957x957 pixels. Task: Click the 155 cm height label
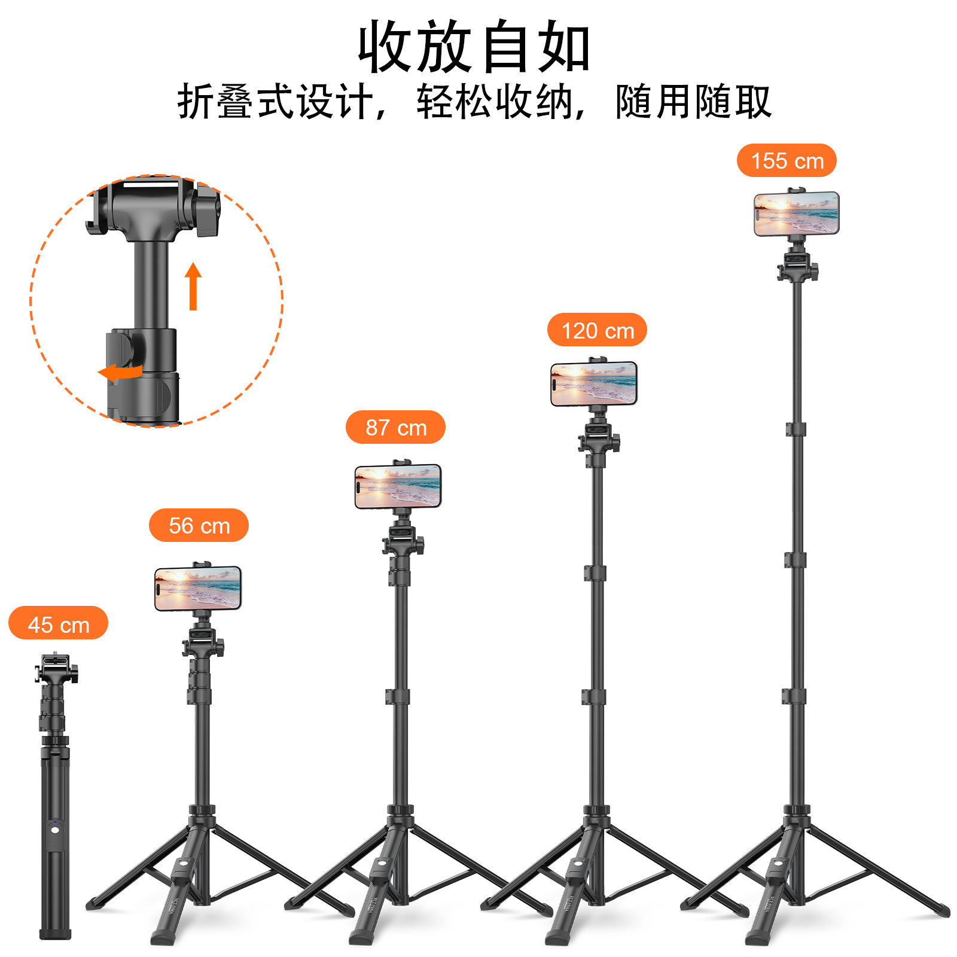786,160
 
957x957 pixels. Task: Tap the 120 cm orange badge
597,330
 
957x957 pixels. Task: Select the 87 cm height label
395,427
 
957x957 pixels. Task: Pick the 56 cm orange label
199,525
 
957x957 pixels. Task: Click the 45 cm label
58,623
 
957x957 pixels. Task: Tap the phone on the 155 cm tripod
796,214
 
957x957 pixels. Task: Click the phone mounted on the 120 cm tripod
593,384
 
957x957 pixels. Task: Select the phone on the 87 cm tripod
398,486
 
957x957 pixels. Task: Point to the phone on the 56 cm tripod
198,588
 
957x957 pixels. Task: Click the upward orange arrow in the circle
193,286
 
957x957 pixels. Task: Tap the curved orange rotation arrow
121,372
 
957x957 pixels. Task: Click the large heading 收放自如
474,47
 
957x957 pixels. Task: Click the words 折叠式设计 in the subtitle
275,102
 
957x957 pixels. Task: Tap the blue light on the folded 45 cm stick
54,830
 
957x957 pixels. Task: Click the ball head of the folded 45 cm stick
56,673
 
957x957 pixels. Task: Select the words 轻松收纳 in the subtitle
494,102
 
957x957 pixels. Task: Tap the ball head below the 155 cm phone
797,266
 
